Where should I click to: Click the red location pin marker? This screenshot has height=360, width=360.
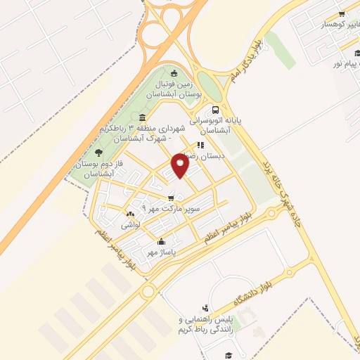(181, 165)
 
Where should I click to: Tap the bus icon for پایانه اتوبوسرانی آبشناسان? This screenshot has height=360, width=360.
(215, 110)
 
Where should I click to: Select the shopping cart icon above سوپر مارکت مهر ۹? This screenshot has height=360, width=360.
(172, 198)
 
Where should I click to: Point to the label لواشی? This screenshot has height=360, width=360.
(131, 225)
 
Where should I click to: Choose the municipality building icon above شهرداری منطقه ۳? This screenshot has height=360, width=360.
(143, 117)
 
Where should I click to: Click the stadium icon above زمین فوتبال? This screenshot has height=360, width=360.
(174, 72)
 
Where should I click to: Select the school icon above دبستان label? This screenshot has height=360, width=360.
(201, 146)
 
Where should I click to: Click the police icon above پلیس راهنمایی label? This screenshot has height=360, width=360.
(204, 309)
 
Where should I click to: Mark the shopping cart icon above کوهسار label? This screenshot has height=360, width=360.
(342, 14)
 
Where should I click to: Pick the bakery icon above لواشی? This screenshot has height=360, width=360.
(130, 214)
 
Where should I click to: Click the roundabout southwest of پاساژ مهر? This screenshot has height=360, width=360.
(148, 290)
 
